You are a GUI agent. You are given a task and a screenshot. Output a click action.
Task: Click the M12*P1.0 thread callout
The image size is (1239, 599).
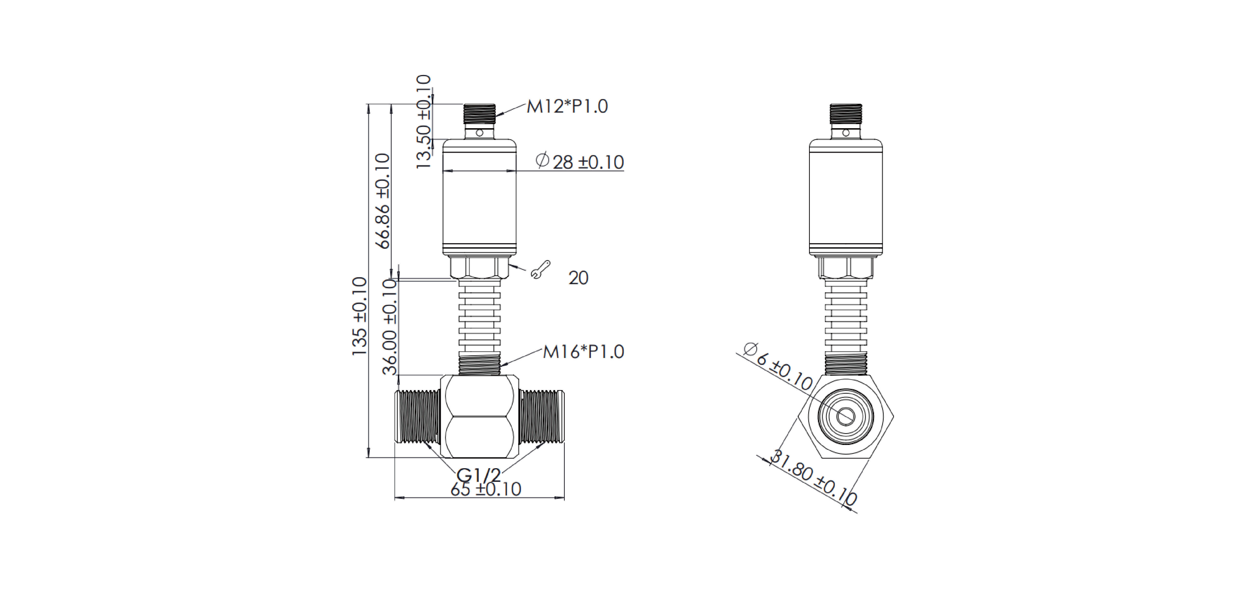[x=567, y=106]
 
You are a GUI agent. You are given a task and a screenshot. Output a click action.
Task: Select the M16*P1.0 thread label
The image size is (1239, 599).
[x=583, y=352]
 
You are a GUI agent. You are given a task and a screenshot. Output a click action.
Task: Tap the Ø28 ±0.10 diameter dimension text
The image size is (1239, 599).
[x=580, y=161]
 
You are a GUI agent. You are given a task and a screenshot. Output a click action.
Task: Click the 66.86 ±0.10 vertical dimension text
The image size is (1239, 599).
[x=383, y=201]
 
